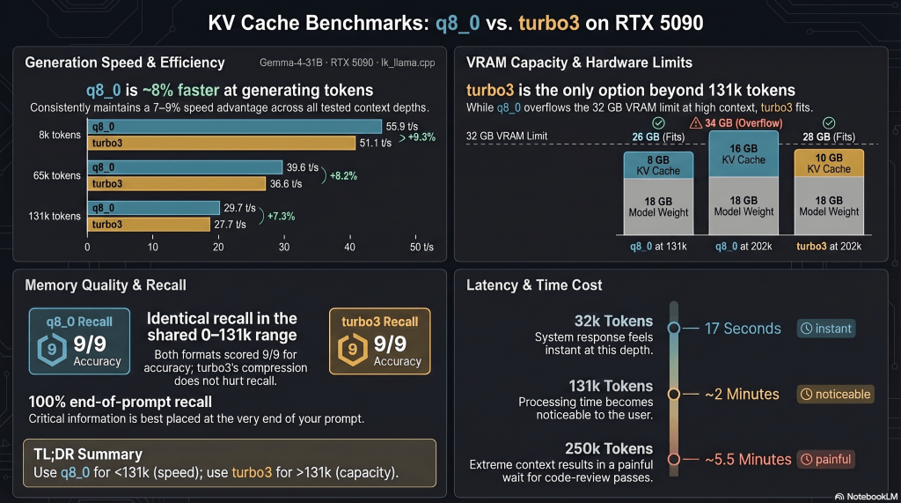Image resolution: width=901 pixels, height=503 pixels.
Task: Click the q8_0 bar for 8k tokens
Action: coord(234,127)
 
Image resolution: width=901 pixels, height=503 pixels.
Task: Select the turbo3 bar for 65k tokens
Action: coord(176,183)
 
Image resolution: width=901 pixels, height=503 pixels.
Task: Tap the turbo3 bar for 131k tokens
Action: coord(148,225)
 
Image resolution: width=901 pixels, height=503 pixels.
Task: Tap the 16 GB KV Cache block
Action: coord(744,154)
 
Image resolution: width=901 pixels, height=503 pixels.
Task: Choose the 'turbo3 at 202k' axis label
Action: coord(828,247)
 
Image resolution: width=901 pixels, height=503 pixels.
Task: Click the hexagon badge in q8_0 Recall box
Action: coord(53,349)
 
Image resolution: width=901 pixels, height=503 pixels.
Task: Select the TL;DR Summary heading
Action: coord(84,455)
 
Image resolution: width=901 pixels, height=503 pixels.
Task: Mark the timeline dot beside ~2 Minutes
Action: coord(674,394)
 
